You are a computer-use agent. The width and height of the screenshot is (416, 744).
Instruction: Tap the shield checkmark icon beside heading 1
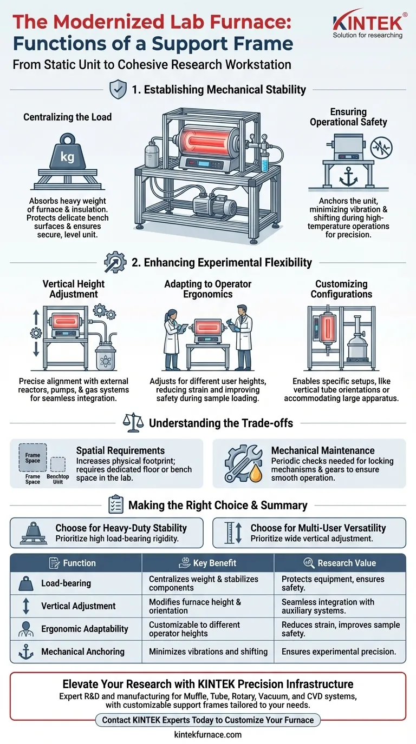[x=118, y=89]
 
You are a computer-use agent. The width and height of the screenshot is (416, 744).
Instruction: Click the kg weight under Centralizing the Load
[x=68, y=151]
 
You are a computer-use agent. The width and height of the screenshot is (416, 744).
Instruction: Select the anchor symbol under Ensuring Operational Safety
[x=348, y=176]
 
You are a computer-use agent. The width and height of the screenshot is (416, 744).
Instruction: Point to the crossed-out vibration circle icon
[x=382, y=148]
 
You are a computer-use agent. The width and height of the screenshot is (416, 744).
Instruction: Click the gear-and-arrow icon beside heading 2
[x=115, y=262]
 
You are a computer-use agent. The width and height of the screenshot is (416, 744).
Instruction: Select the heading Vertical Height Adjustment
[x=74, y=289]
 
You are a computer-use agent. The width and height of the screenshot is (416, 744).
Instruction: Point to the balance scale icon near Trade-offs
[x=133, y=422]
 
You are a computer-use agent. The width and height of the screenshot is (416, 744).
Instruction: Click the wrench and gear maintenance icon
[x=243, y=463]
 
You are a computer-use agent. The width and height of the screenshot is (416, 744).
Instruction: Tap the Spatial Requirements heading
[x=120, y=450]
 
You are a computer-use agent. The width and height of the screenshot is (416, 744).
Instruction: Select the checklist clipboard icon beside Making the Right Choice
[x=116, y=504]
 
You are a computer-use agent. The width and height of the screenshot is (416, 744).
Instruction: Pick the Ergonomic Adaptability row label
[x=84, y=629]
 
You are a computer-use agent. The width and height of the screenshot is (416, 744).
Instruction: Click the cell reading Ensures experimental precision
[x=339, y=652]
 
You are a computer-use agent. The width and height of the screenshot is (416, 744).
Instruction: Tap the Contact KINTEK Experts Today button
[x=208, y=720]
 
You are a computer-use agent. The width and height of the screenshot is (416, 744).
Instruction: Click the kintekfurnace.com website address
[x=208, y=734]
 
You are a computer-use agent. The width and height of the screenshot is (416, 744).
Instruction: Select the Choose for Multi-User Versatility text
[x=318, y=528]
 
